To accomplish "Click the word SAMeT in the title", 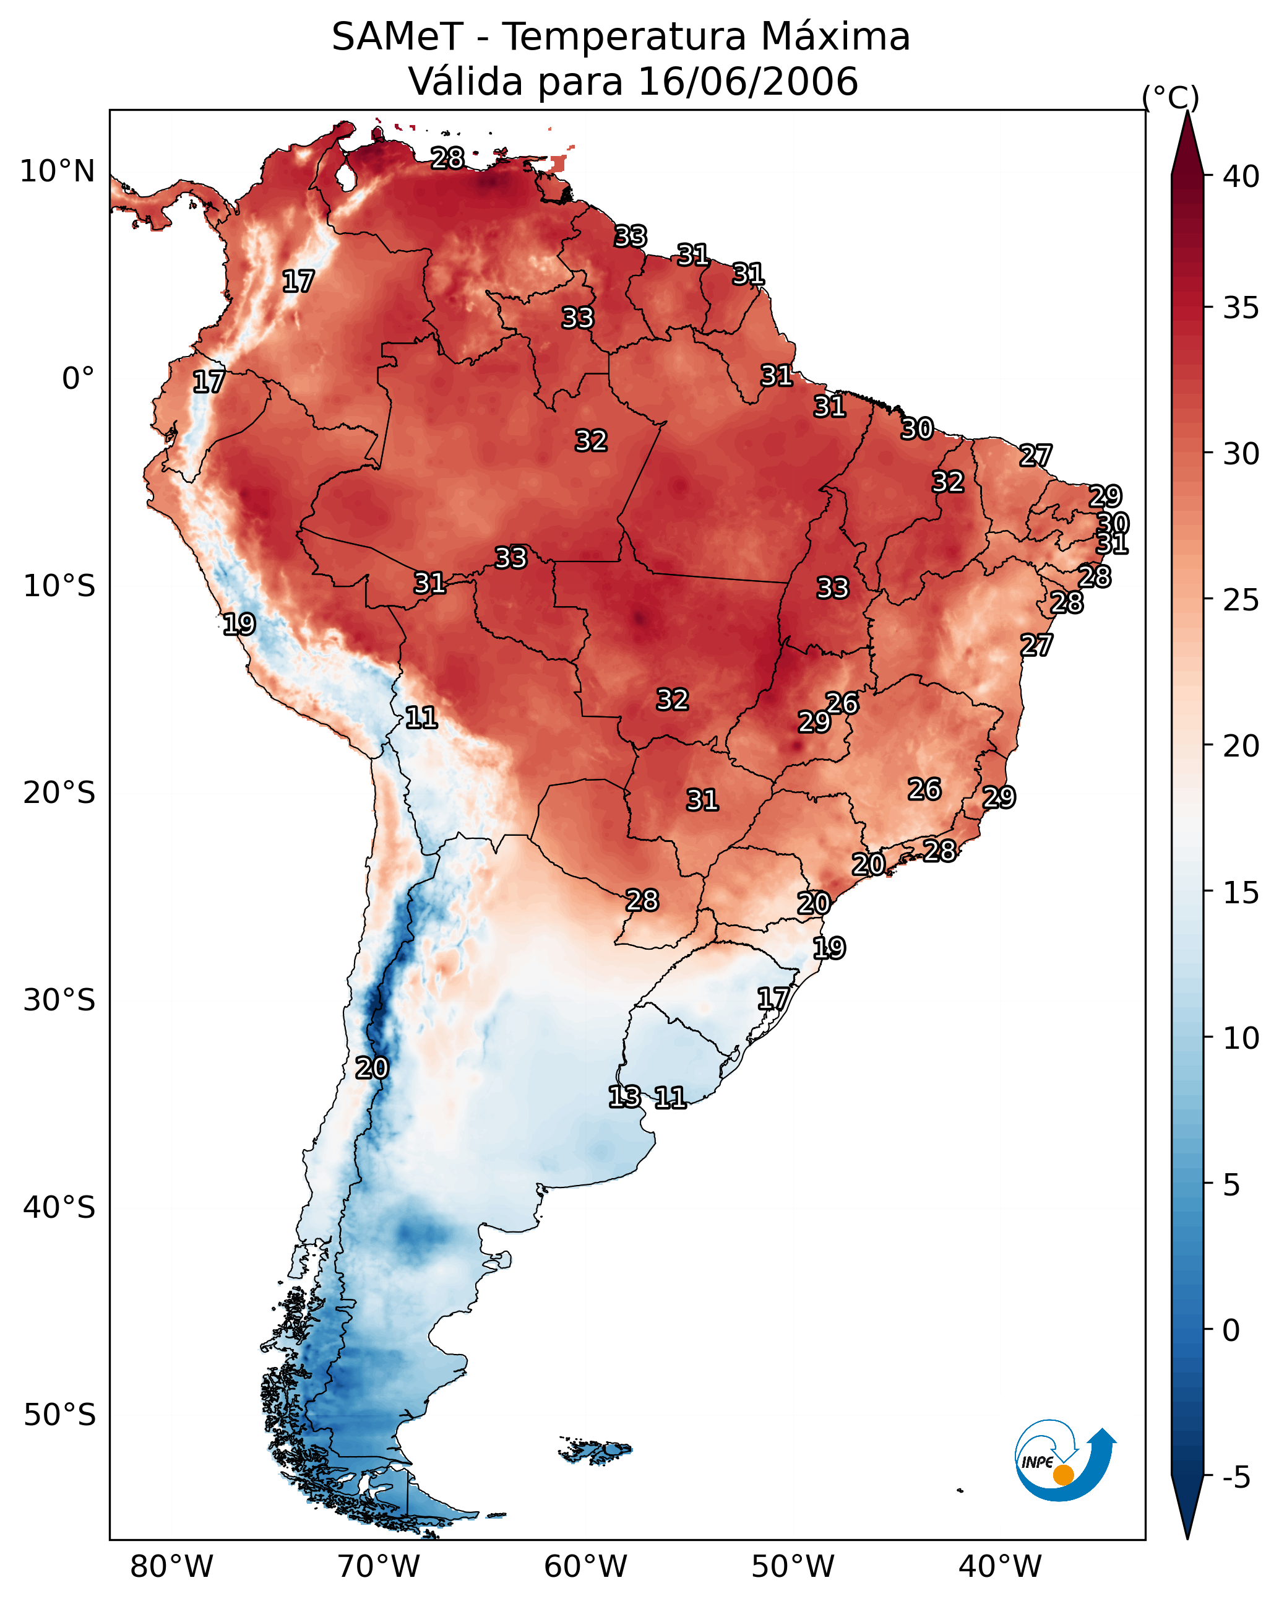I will [397, 37].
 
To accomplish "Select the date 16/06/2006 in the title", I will [747, 82].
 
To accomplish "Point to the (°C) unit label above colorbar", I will [1171, 97].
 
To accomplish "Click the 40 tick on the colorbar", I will [1241, 176].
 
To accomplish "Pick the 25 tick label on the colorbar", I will [1241, 599].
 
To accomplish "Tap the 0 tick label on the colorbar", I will [1231, 1330].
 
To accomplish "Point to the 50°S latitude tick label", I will [59, 1415].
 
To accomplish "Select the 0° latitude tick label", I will [78, 379].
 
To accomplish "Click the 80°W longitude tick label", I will [171, 1567].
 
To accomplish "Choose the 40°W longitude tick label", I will [1000, 1567].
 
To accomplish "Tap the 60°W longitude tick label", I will [586, 1567].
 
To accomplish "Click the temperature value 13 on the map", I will [624, 1097].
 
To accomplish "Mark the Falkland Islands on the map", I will [596, 1451].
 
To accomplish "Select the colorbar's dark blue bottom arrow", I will [1187, 1508].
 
